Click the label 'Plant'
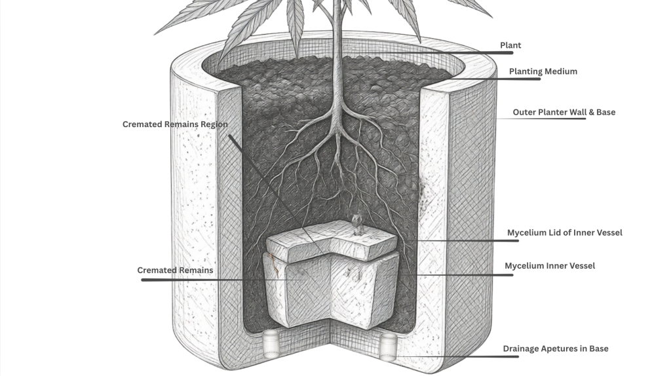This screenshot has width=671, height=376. coord(510,45)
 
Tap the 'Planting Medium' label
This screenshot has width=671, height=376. coord(543,71)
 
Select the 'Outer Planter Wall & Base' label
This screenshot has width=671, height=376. coord(564,112)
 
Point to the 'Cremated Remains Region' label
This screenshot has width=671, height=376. coord(175,124)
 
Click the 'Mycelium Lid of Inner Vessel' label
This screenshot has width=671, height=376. coord(564,233)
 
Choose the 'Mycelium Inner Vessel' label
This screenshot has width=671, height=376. coord(550,266)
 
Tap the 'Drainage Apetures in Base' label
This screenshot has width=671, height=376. coord(556,348)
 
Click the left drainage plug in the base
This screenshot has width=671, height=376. coord(271,343)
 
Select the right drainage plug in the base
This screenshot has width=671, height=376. coord(388,347)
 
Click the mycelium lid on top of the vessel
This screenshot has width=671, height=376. coord(332,241)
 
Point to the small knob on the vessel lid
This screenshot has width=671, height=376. coord(356,224)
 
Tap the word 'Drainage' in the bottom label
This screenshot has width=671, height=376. coord(520,349)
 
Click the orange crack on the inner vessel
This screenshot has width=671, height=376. coord(274,265)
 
